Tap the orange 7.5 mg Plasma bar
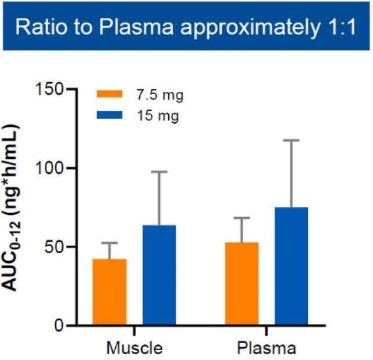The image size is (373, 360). pos(241,283)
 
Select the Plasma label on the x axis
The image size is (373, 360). pos(267,348)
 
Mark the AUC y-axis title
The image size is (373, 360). pos(21,207)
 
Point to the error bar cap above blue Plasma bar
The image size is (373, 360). pos(291,140)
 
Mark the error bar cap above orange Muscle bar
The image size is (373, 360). pos(109,243)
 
